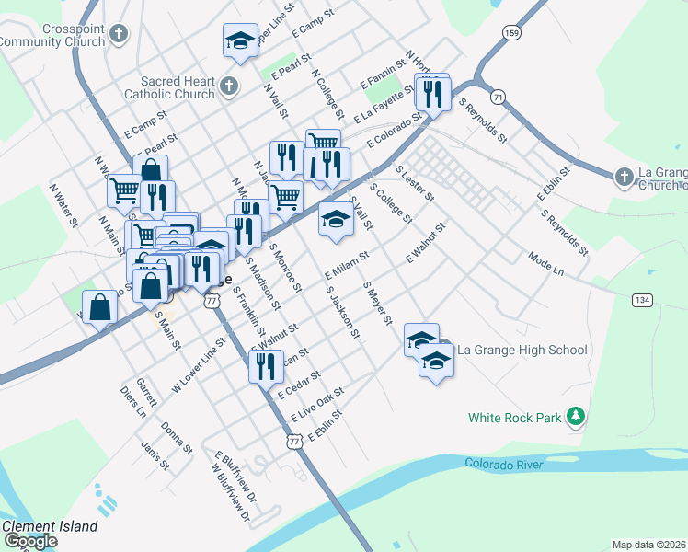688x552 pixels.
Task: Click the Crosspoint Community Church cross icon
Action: [x=117, y=35]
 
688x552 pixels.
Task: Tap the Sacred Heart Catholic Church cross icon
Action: [x=229, y=87]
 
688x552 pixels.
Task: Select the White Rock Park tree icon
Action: [x=576, y=417]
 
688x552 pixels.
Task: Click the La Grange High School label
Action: [x=522, y=350]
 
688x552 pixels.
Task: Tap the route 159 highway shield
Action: [x=510, y=33]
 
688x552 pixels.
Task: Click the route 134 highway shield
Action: [x=642, y=301]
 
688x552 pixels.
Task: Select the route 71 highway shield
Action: [x=498, y=97]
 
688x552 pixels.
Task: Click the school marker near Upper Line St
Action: [x=240, y=41]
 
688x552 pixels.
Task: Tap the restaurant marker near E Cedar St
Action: [x=266, y=365]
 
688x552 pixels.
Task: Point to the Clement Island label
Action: [x=50, y=527]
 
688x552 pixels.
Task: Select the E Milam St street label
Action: [x=347, y=265]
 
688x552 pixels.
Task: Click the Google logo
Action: [x=29, y=541]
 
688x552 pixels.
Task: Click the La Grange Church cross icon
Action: [x=624, y=176]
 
